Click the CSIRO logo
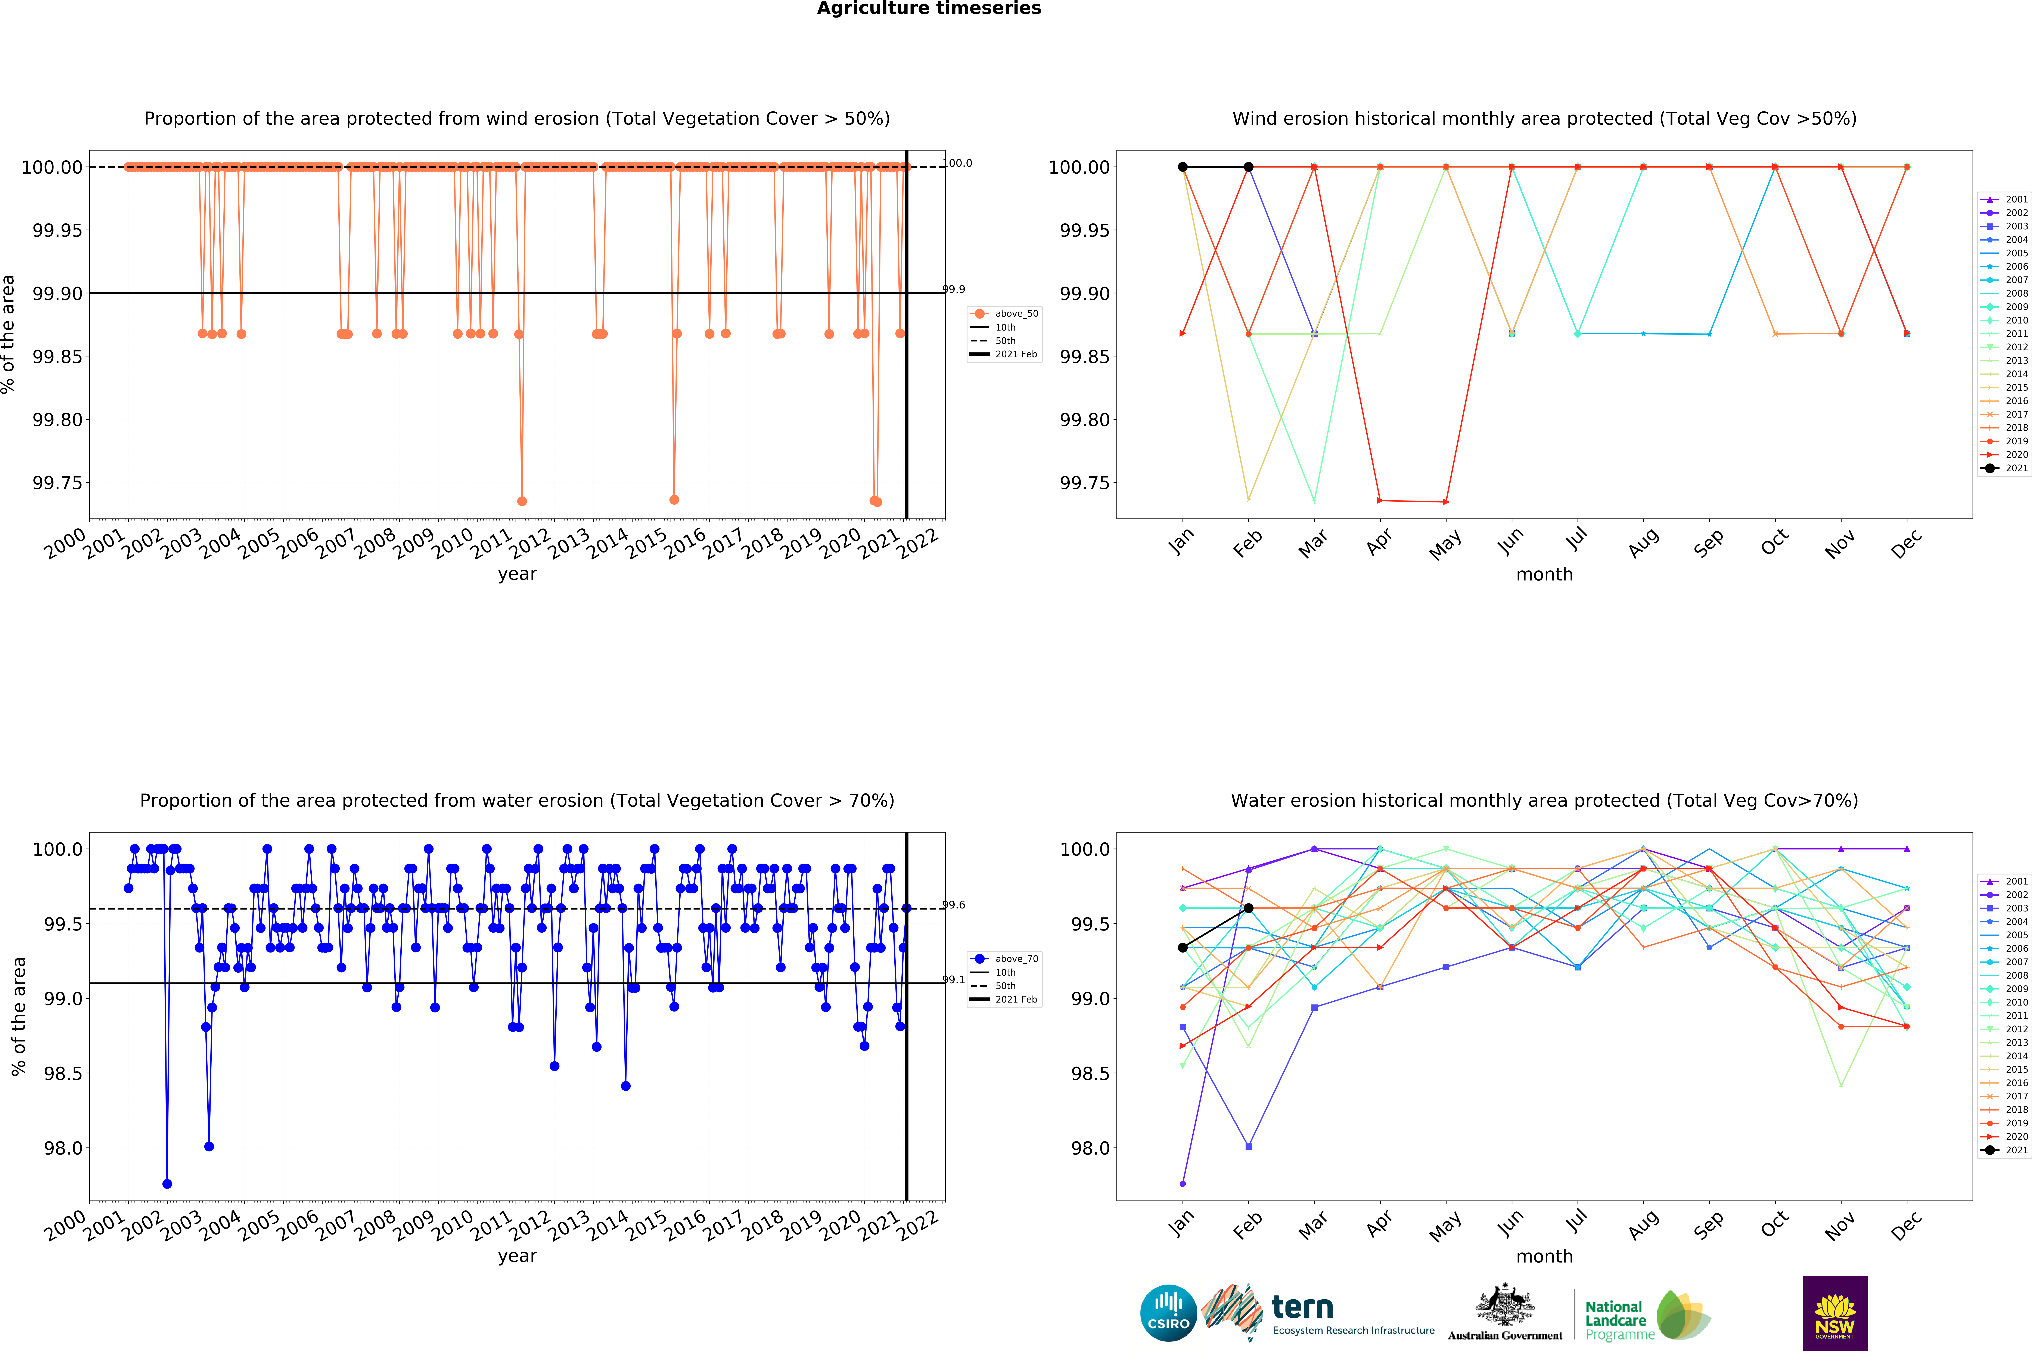click(1168, 1313)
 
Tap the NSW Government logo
click(1834, 1313)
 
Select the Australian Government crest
click(1505, 1307)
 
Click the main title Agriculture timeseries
click(929, 9)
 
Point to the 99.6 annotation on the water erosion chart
click(954, 905)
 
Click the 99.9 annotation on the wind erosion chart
click(954, 289)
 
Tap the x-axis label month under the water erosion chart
click(1544, 1256)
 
